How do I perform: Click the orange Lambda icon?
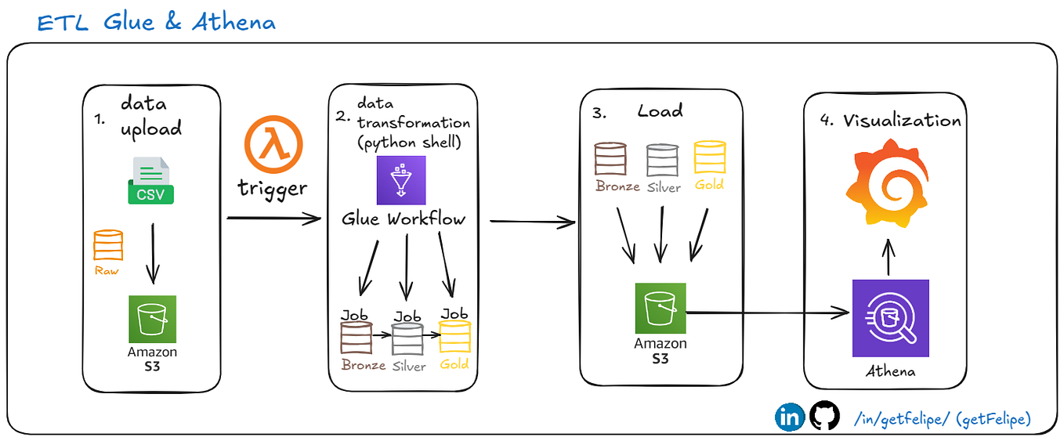(x=273, y=146)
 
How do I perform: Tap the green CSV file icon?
(x=152, y=180)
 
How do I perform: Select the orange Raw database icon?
(x=108, y=245)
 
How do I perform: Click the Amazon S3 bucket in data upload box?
(x=153, y=319)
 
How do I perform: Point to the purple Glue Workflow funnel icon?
(x=400, y=181)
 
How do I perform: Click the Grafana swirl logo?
(x=887, y=182)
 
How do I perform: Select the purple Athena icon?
(x=890, y=318)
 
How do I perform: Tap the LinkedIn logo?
(x=790, y=417)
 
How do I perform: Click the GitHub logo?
(x=823, y=417)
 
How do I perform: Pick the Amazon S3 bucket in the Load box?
(x=660, y=309)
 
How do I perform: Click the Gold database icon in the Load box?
(x=710, y=158)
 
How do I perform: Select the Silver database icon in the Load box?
(x=662, y=160)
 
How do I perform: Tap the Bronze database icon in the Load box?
(x=610, y=158)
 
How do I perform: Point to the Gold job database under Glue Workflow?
(x=454, y=336)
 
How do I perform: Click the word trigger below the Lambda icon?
(x=272, y=188)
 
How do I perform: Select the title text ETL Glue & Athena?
(x=157, y=22)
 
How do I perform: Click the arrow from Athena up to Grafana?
(x=888, y=257)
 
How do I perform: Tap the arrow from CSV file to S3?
(x=153, y=252)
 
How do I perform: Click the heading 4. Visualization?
(x=890, y=121)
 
